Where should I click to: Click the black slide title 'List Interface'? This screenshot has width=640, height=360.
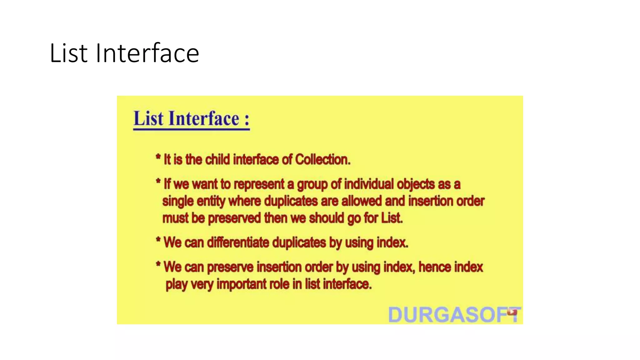(124, 53)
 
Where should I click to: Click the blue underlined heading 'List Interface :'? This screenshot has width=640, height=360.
(191, 119)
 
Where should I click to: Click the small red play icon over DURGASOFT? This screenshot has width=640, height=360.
(512, 312)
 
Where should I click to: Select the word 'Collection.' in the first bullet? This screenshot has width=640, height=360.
(322, 160)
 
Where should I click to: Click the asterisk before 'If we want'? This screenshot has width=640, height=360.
(158, 181)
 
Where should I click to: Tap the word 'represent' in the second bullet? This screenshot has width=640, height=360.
(259, 184)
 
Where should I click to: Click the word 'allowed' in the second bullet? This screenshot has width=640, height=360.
(362, 201)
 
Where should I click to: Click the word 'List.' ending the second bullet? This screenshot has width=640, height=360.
(392, 218)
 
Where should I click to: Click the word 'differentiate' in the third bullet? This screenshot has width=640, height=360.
(238, 242)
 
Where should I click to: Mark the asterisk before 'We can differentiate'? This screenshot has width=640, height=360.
(158, 240)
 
